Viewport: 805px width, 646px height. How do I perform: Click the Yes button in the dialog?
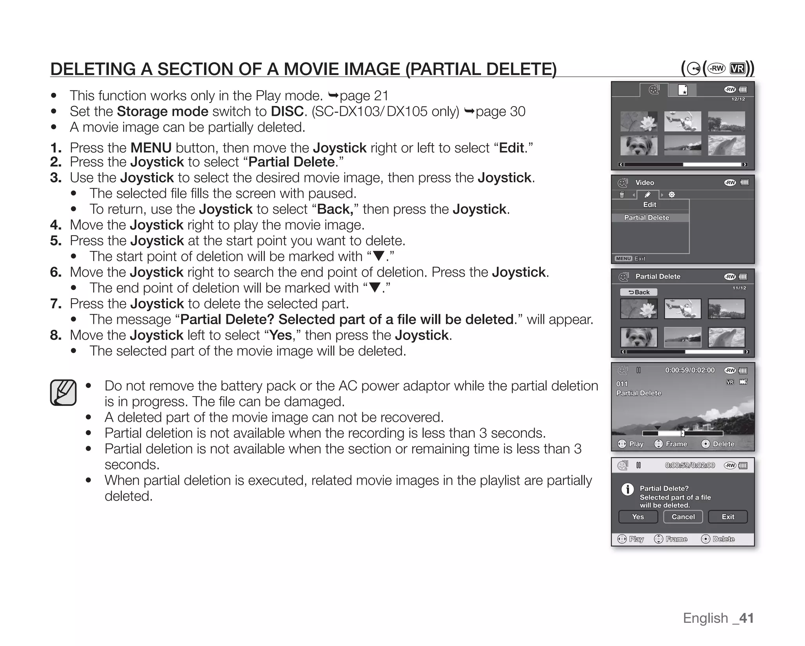coord(638,517)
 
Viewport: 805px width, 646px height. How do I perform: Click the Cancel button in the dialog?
coord(683,517)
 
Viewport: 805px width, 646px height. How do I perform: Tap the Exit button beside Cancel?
coord(728,517)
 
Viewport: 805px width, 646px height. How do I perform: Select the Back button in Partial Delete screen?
coord(639,292)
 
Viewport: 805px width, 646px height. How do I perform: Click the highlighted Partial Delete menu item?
coord(647,218)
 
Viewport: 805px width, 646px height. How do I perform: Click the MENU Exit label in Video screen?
coord(630,259)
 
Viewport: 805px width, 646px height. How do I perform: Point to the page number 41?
coord(746,618)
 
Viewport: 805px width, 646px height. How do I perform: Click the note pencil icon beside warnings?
coord(63,392)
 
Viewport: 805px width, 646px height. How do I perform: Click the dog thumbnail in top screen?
coord(639,145)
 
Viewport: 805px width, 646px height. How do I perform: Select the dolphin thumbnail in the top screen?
coord(726,145)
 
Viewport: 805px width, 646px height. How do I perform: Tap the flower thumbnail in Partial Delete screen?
coord(639,308)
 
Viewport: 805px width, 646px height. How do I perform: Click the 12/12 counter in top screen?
coord(738,99)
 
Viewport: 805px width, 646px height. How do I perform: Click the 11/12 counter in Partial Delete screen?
coord(739,288)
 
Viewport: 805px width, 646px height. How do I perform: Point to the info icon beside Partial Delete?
coord(627,489)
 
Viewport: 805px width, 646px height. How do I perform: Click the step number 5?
coord(56,240)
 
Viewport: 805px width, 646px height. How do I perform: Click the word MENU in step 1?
coord(151,148)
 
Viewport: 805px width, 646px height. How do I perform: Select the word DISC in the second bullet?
coord(287,112)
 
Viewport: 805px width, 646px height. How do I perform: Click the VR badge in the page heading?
coord(737,69)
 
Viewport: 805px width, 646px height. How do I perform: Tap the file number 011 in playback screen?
coord(622,384)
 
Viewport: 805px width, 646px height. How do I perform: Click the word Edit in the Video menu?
coord(649,205)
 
